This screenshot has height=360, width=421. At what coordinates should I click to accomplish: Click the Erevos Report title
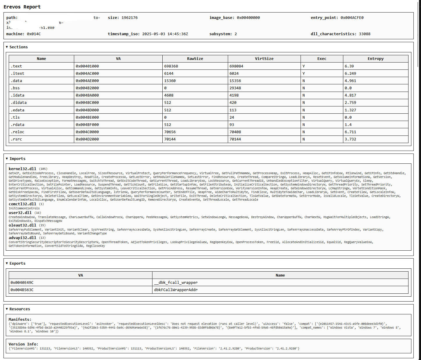[22, 7]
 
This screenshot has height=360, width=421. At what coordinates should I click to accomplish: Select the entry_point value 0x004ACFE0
[352, 18]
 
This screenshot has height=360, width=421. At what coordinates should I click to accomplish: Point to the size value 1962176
[129, 18]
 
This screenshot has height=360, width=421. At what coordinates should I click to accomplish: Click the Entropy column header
[375, 59]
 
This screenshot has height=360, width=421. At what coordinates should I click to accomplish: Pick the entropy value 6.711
[350, 132]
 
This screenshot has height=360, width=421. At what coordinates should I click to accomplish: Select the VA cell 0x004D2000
[87, 139]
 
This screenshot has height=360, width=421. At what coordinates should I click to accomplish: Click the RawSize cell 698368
[171, 66]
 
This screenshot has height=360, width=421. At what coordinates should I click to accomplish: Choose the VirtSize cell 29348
[236, 88]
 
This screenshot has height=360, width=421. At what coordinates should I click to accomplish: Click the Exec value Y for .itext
[303, 74]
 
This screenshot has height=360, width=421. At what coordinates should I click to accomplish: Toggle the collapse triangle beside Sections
[7, 47]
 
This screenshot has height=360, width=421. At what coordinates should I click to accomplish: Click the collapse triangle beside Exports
[7, 263]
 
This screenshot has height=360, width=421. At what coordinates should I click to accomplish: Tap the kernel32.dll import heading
[22, 169]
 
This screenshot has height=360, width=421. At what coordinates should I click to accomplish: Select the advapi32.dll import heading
[22, 238]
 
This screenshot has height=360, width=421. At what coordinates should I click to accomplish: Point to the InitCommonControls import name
[24, 208]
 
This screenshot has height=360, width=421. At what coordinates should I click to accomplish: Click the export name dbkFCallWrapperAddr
[176, 290]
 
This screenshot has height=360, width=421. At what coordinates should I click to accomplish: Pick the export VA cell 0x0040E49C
[22, 283]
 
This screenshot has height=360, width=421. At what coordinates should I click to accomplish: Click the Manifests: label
[20, 320]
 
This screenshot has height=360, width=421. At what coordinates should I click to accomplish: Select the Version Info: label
[23, 344]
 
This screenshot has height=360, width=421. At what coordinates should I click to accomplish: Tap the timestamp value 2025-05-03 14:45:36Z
[165, 34]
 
